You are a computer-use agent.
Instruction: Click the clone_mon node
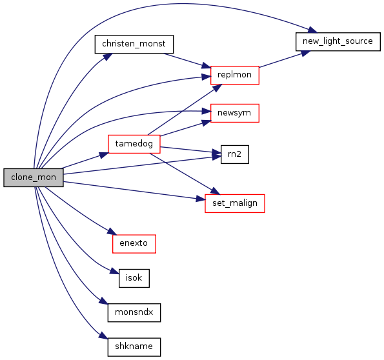click(34, 177)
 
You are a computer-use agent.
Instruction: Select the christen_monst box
click(134, 44)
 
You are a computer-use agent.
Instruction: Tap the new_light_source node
click(338, 42)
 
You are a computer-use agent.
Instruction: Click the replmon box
click(235, 75)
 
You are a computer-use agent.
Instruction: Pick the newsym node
click(235, 113)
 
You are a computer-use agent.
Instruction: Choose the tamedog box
click(134, 144)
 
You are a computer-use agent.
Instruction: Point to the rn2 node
click(235, 154)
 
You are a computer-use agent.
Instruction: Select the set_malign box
click(235, 203)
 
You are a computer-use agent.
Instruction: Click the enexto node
click(134, 244)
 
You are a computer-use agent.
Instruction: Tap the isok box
click(134, 278)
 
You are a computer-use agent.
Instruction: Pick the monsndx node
click(134, 312)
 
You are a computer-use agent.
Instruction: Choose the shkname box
click(134, 347)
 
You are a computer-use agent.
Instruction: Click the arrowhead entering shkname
click(104, 335)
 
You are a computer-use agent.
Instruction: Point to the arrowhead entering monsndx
click(104, 301)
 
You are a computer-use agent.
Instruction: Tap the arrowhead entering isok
click(114, 271)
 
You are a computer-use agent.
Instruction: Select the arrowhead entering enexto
click(112, 232)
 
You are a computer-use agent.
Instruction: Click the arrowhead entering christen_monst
click(108, 57)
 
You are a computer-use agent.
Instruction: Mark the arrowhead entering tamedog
click(104, 155)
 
